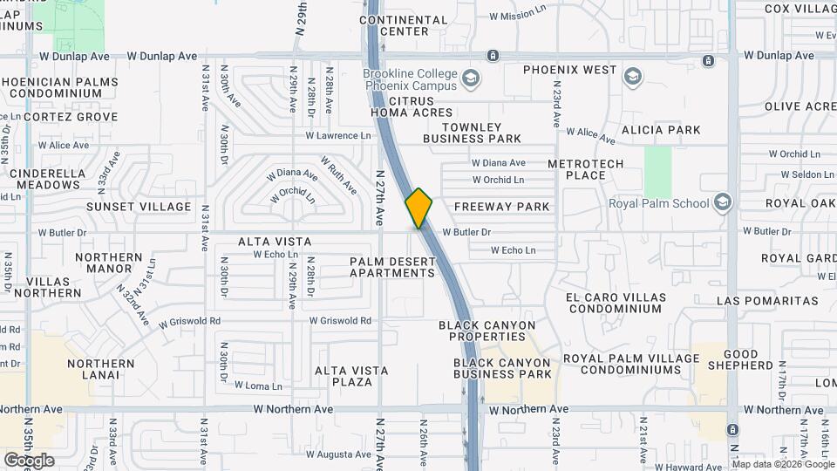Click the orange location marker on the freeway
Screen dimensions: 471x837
419,208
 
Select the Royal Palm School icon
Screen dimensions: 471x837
722,202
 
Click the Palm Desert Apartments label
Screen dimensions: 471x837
392,267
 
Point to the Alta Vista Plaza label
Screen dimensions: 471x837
351,376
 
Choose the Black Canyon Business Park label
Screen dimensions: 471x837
502,368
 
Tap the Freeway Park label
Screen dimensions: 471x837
502,207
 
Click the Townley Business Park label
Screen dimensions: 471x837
472,133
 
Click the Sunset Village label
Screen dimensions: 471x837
139,207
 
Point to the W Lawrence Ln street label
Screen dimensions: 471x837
338,135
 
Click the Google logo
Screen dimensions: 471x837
29,461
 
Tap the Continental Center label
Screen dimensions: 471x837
404,25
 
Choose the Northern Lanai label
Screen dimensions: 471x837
100,369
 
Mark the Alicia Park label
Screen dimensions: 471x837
660,130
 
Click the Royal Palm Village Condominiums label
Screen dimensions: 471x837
622,364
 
